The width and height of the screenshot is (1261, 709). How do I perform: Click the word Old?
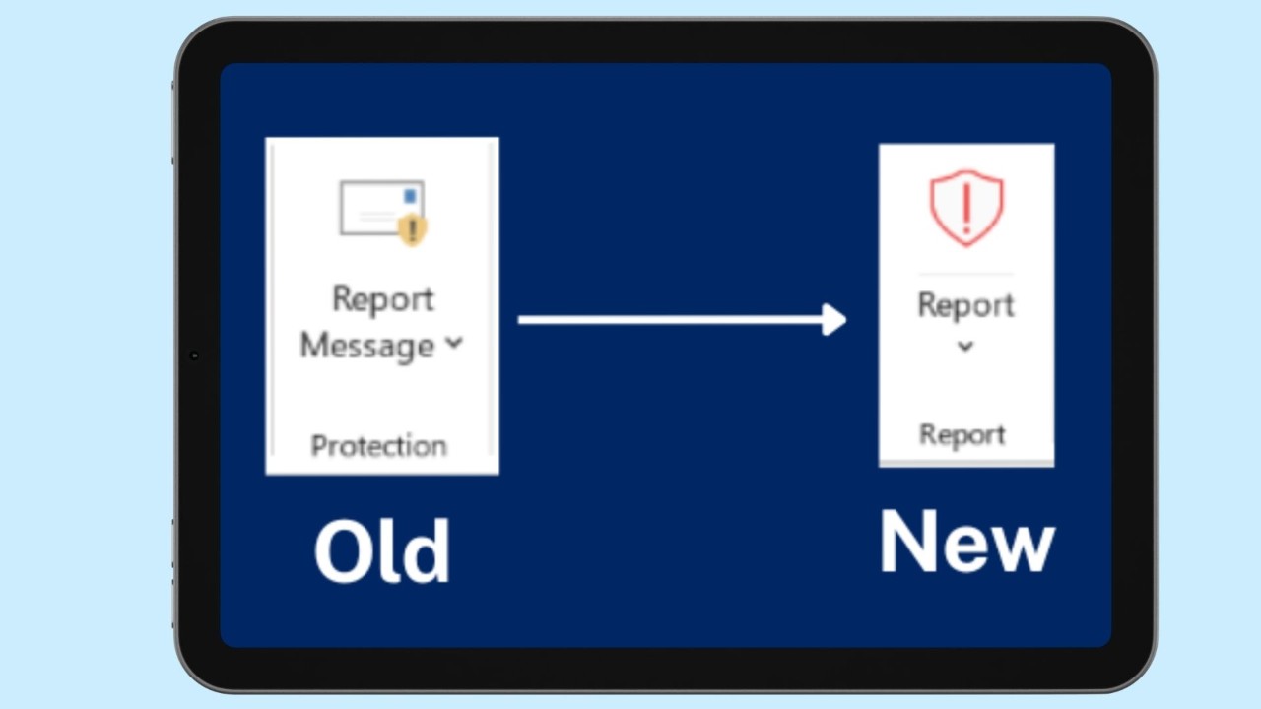coord(381,550)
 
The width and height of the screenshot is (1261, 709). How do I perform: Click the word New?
coord(967,542)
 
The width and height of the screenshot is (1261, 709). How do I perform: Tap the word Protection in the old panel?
coord(379,446)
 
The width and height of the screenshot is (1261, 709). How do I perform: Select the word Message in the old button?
coord(367,345)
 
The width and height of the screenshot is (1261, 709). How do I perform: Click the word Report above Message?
coord(383,298)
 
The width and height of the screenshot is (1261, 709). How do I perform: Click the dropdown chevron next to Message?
coord(454,342)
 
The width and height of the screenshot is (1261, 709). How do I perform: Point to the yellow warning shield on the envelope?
coord(413,229)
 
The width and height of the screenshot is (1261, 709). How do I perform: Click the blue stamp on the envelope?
coord(411,195)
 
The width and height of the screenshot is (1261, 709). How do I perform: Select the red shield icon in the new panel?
coord(966,208)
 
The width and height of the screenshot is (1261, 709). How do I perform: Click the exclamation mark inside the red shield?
coord(966,209)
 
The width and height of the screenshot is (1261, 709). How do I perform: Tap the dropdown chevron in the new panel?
coord(965,346)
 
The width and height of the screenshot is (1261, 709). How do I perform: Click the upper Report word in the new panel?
coord(966,305)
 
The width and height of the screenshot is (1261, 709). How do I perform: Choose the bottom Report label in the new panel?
coord(962,435)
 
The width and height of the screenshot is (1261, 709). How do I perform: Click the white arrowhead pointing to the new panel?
coord(834,320)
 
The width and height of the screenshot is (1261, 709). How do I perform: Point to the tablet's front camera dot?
coord(194,355)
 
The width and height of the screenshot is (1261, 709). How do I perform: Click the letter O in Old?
coord(341,551)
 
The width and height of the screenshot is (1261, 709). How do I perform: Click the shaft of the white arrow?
coord(671,320)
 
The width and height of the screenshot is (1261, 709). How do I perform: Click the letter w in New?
coord(1024,548)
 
